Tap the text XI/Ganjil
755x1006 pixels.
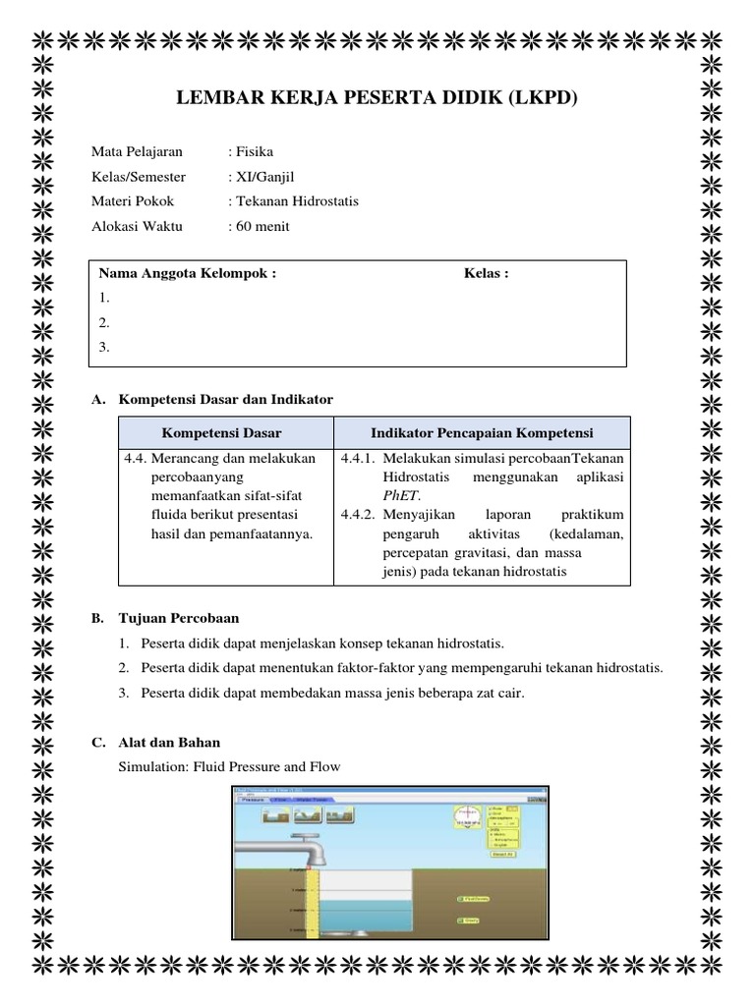click(261, 176)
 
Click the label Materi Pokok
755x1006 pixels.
click(133, 200)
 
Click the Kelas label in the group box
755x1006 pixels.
click(486, 273)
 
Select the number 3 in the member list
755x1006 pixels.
click(104, 347)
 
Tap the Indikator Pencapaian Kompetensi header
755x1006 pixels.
click(482, 433)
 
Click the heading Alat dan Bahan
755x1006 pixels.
click(169, 742)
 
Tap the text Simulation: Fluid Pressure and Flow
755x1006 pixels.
click(229, 766)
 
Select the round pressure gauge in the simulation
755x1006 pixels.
click(467, 816)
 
